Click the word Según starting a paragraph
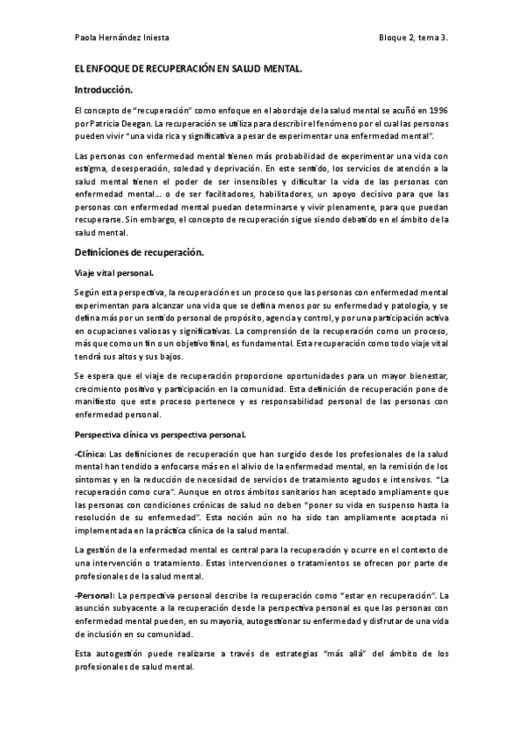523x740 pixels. click(x=88, y=292)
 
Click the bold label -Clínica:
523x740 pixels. click(x=92, y=454)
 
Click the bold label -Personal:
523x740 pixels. click(x=95, y=593)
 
